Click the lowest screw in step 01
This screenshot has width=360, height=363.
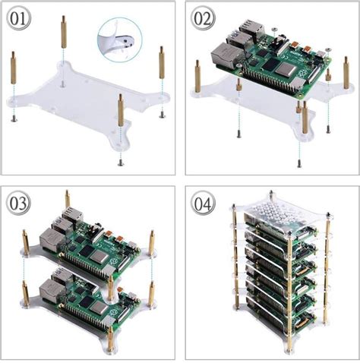coord(119,161)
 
